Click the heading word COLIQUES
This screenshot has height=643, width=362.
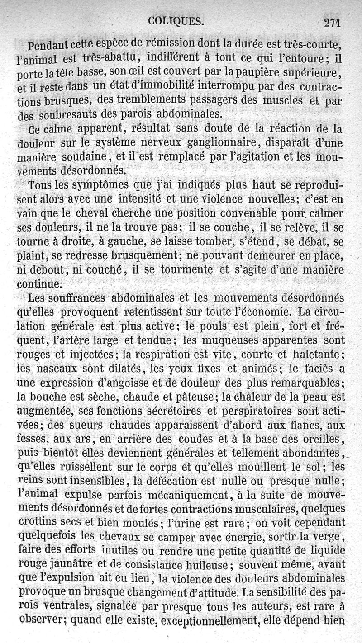point(176,21)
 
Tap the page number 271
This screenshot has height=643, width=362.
point(332,22)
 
